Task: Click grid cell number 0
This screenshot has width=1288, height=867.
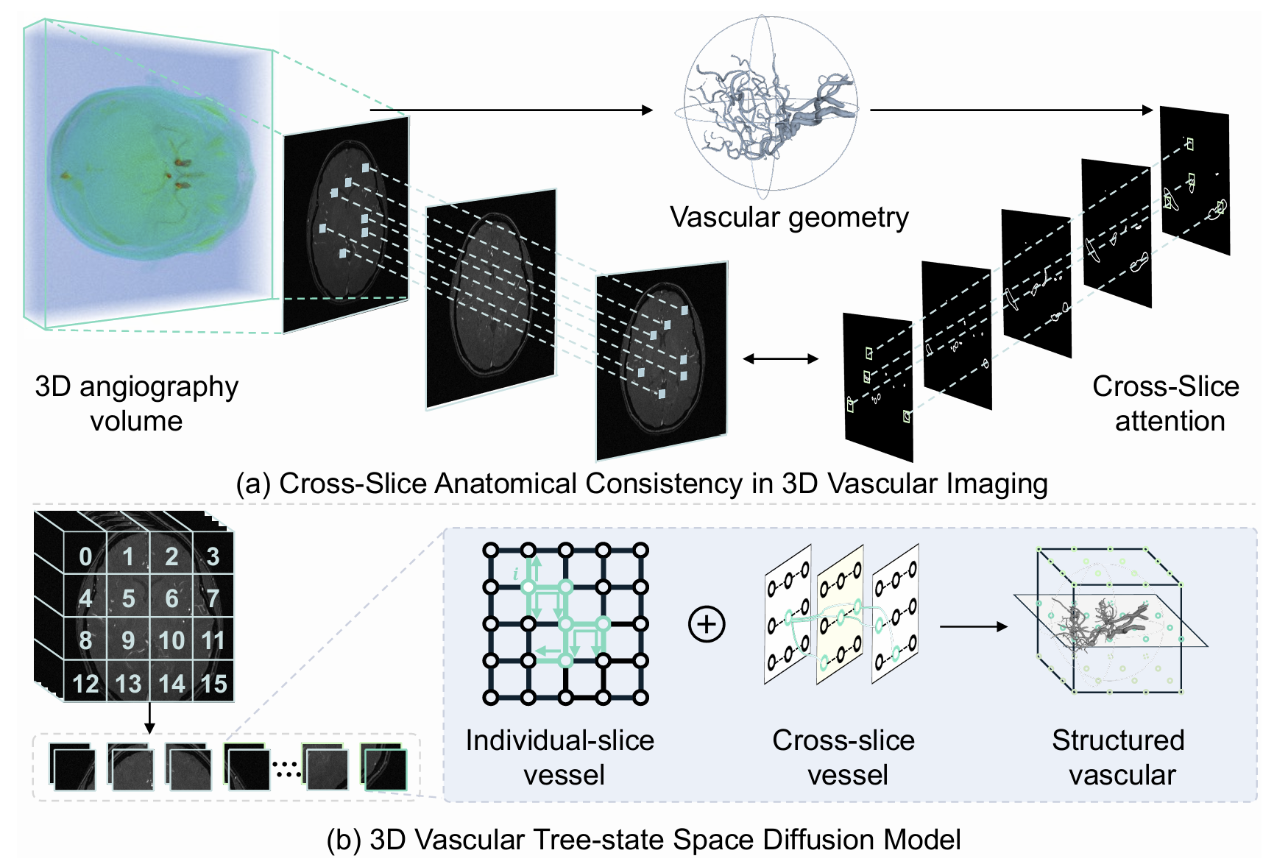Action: pyautogui.click(x=85, y=556)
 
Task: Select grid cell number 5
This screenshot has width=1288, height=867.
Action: pyautogui.click(x=128, y=598)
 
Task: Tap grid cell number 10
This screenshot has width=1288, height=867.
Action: pyautogui.click(x=171, y=640)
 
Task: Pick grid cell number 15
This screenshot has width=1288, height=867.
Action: pyautogui.click(x=213, y=684)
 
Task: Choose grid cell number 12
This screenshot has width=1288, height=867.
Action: pyautogui.click(x=85, y=684)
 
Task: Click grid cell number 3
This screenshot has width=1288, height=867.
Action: pyautogui.click(x=213, y=556)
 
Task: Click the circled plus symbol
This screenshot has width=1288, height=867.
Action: pyautogui.click(x=707, y=624)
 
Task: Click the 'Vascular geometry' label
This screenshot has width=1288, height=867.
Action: pyautogui.click(x=789, y=217)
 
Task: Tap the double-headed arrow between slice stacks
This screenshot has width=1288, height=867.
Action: pyautogui.click(x=780, y=359)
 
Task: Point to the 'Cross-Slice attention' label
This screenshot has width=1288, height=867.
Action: pyautogui.click(x=1167, y=403)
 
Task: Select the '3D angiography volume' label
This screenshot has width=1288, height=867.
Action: pyautogui.click(x=137, y=403)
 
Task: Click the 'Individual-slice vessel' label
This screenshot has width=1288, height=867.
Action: pyautogui.click(x=561, y=757)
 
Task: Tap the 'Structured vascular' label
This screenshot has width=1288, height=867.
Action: pyautogui.click(x=1119, y=757)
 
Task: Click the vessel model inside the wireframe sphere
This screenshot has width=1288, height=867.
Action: pyautogui.click(x=773, y=110)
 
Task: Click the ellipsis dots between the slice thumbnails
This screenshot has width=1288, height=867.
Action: pyautogui.click(x=287, y=768)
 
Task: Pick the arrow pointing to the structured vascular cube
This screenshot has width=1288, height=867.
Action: pyautogui.click(x=973, y=626)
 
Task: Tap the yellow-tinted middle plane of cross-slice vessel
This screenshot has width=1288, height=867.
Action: pyautogui.click(x=841, y=615)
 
